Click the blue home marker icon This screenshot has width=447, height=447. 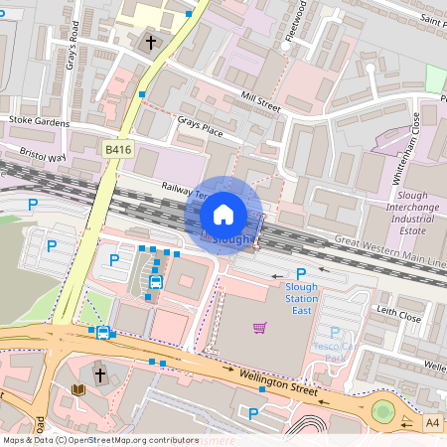[x=223, y=215]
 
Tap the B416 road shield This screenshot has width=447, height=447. [x=117, y=149]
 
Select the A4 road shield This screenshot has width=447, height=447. [x=433, y=422]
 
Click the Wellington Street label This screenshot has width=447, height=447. [x=279, y=382]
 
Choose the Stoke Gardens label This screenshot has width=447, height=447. [x=40, y=121]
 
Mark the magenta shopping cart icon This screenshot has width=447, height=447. [x=260, y=328]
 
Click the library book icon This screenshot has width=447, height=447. [x=78, y=389]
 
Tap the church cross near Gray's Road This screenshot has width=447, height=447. [x=151, y=43]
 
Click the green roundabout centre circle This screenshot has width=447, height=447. [x=382, y=411]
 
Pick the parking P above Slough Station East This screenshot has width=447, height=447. [x=300, y=272]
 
